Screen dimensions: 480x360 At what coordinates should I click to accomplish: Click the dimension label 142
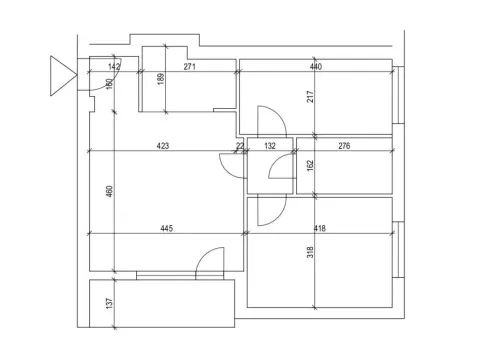[114, 67]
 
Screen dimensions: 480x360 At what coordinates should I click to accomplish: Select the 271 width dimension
[190, 67]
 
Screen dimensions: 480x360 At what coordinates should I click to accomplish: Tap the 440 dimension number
[316, 67]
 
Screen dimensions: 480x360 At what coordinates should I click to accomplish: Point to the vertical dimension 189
[161, 79]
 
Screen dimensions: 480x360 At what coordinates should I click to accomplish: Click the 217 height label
[310, 97]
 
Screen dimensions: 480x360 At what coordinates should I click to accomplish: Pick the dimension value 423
[163, 146]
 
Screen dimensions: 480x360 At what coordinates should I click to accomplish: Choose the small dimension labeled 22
[240, 146]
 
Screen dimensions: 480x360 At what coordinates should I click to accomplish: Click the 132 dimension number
[270, 146]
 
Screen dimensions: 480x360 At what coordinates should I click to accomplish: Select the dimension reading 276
[344, 146]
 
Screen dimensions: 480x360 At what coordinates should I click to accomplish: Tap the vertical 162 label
[310, 166]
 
